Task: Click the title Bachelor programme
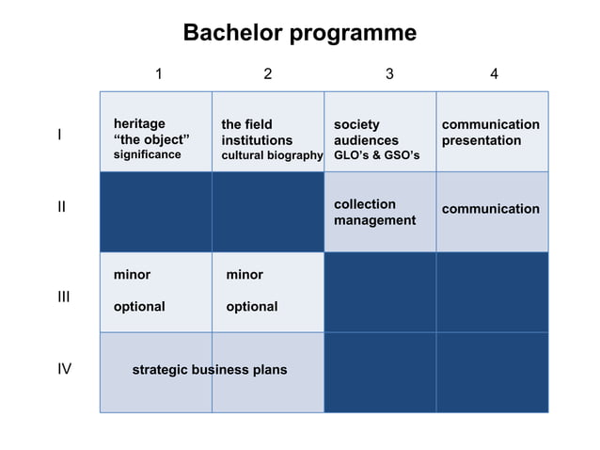(299, 33)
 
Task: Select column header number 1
(159, 74)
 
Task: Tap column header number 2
(268, 74)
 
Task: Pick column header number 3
(389, 74)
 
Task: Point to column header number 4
(494, 74)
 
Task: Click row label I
(59, 135)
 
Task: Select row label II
(61, 206)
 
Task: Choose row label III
(63, 297)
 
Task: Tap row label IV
(64, 369)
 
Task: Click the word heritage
(139, 124)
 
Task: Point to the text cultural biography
(272, 155)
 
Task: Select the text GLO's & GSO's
(383, 155)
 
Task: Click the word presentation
(481, 140)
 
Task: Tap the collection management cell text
(374, 212)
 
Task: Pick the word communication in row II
(490, 209)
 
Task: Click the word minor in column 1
(132, 275)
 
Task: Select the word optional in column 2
(251, 307)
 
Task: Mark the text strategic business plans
(209, 370)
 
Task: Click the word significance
(147, 155)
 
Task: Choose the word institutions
(257, 140)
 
